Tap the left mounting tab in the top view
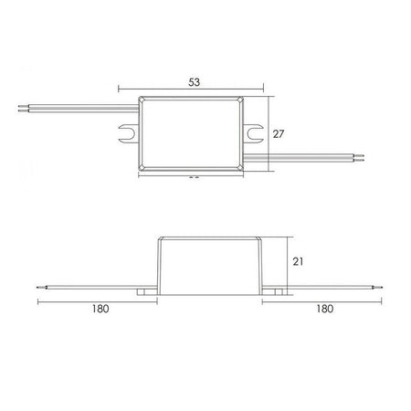click(x=129, y=135)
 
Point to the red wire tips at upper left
click(x=22, y=111)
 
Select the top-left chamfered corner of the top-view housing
click(x=142, y=100)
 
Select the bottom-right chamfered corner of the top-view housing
click(x=240, y=170)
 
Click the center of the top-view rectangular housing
click(x=191, y=135)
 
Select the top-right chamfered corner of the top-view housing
click(x=240, y=100)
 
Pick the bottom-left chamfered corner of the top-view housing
click(x=142, y=170)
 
